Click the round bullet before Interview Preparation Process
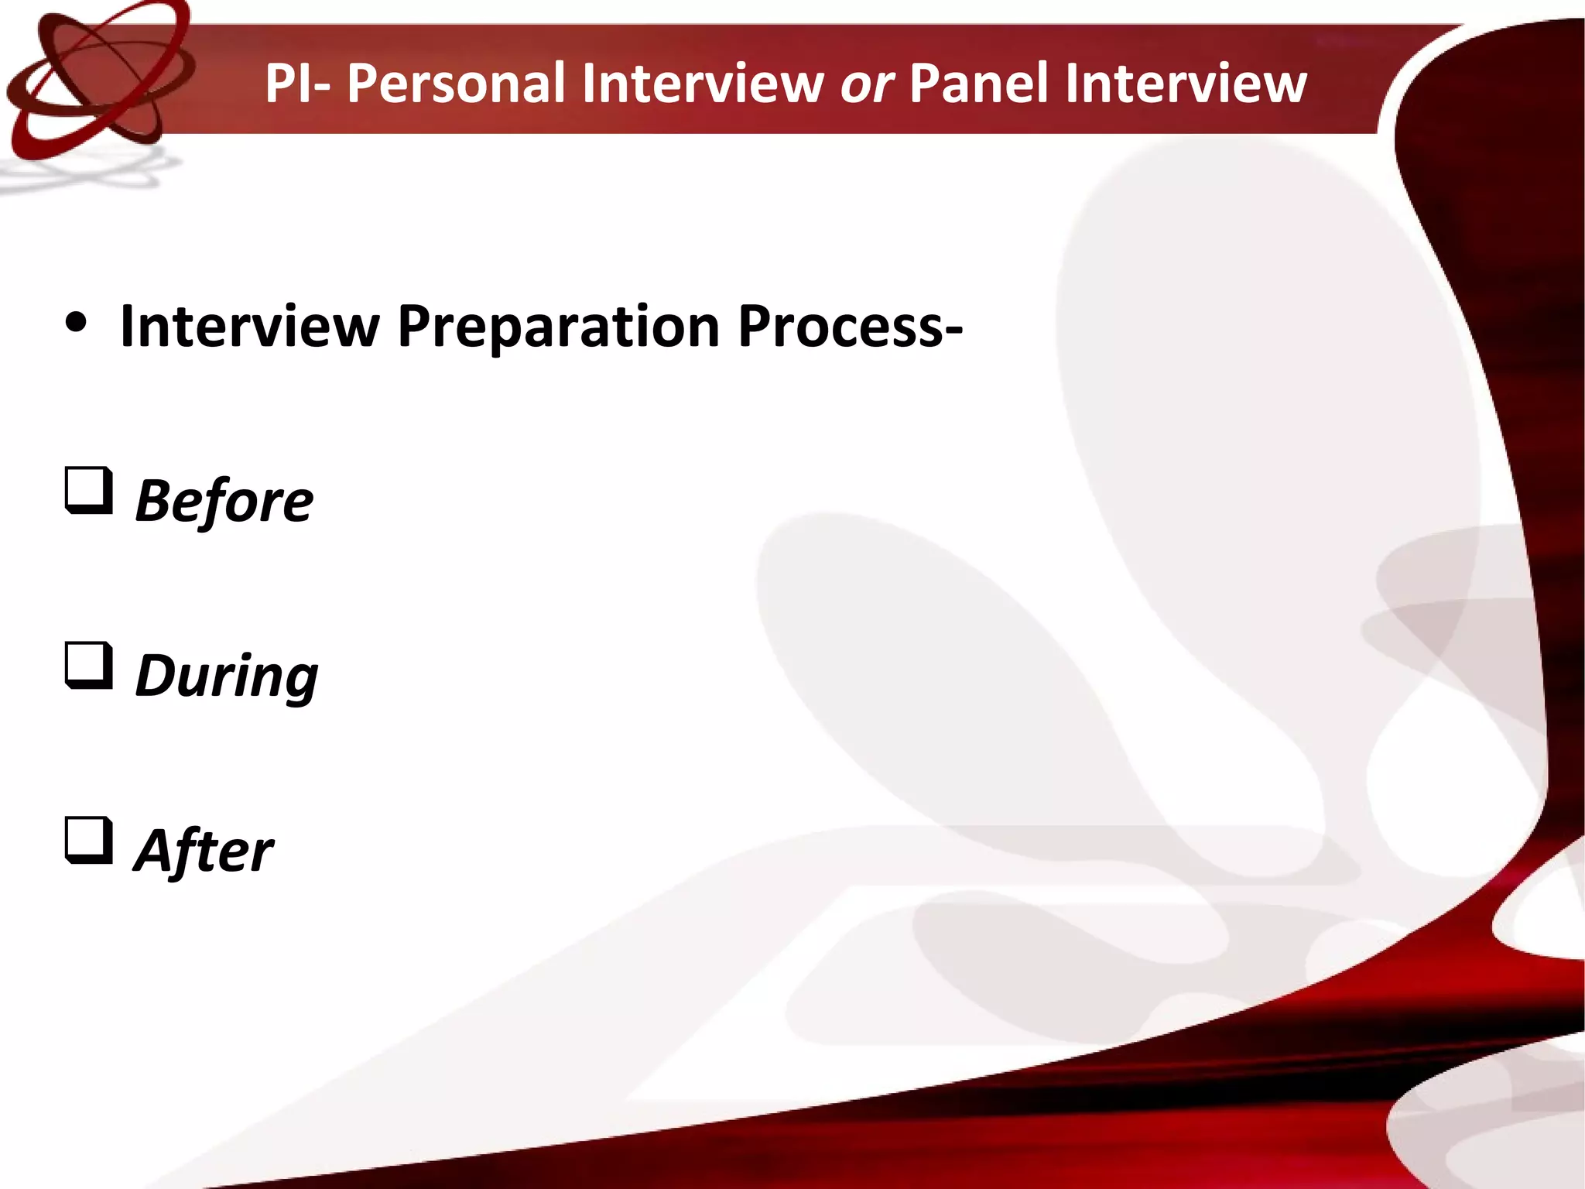pos(76,325)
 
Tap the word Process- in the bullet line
pos(850,327)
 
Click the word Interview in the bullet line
pos(250,327)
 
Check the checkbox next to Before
pos(88,490)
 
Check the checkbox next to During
pos(88,665)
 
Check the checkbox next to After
pos(88,840)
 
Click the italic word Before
pos(224,501)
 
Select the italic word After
pos(204,851)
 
